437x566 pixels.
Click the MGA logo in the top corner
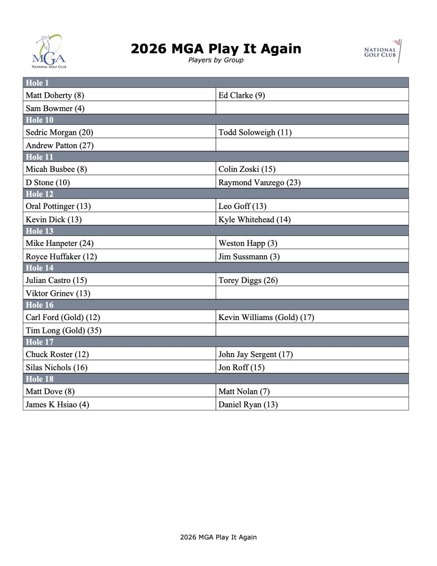tap(49, 51)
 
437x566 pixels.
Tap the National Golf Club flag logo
tap(382, 51)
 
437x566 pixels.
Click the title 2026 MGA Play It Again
tap(216, 49)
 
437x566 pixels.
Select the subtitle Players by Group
tap(216, 60)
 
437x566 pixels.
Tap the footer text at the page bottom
tap(218, 537)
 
